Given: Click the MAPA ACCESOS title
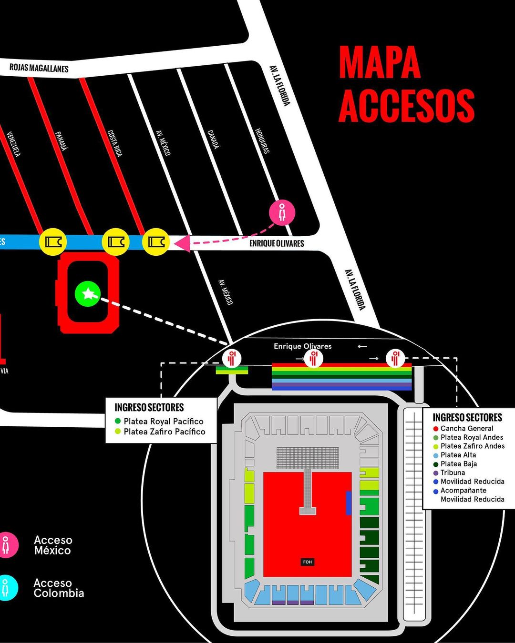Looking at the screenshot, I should point(406,84).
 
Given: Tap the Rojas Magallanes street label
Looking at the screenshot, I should point(39,68).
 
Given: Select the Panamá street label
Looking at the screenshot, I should point(62,141).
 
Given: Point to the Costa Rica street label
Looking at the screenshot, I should point(114,143).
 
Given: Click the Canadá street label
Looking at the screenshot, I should point(214,139).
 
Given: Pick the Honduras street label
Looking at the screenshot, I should point(262,141).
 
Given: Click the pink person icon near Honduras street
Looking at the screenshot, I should point(282,212).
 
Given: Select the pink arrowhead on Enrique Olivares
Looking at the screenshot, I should point(182,243).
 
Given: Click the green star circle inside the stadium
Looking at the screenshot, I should point(88,294).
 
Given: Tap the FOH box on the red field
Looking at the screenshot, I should point(308,562).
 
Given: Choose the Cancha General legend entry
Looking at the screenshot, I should point(466,428).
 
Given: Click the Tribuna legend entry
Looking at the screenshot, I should point(452,472).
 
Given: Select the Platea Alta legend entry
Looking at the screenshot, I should point(458,455).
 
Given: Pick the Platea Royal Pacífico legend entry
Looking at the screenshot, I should point(163,421).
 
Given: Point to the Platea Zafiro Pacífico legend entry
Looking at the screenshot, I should point(164,432).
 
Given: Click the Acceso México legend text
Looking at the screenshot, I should point(53,545).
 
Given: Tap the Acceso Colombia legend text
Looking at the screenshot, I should point(59,588).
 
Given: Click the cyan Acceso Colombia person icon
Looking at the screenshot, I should point(6,588).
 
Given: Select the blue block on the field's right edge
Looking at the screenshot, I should point(349,503).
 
